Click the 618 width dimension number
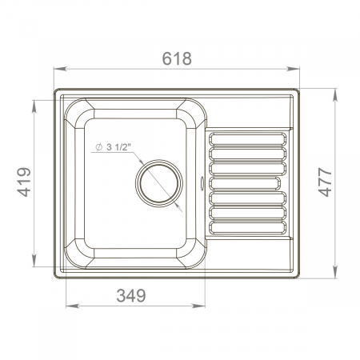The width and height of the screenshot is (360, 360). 177,58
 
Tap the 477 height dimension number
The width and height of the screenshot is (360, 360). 325,182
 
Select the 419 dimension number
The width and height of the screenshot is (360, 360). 24,182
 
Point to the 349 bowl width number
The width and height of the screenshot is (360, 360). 131,295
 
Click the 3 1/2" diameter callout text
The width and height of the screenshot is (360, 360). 118,147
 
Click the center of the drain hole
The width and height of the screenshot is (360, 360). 159,183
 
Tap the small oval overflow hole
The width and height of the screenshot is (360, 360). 202,183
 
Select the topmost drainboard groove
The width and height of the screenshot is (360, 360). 248,139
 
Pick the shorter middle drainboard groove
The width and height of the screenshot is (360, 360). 245,183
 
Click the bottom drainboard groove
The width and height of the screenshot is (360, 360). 248,227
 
